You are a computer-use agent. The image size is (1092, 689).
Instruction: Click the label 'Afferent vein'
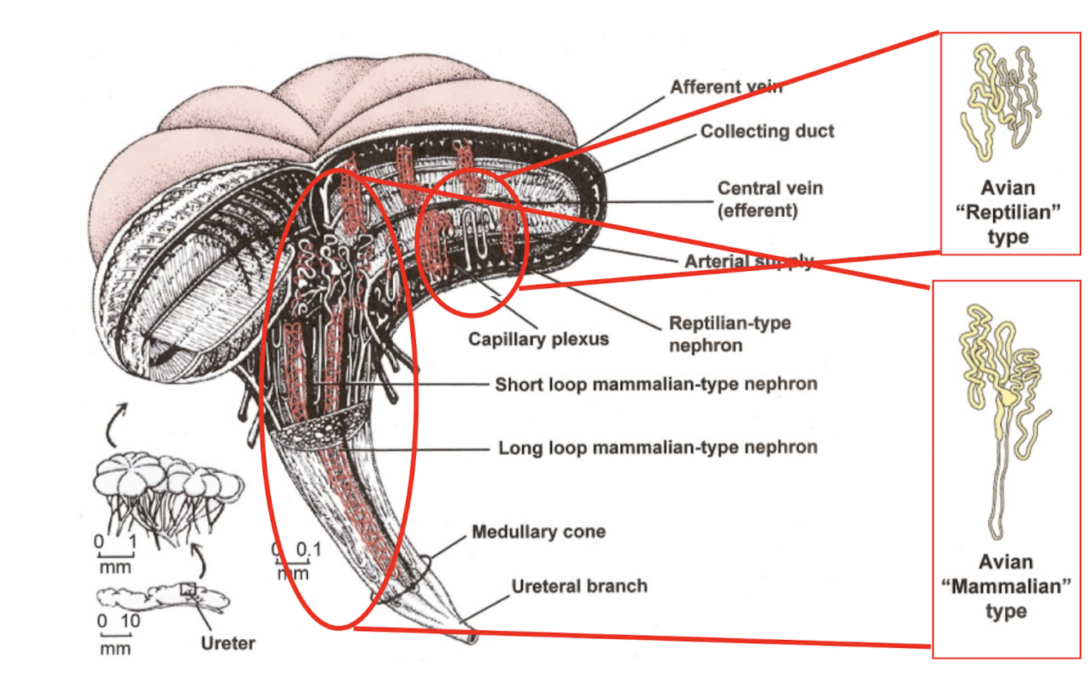(726, 86)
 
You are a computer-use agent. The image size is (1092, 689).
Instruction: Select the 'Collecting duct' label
(767, 131)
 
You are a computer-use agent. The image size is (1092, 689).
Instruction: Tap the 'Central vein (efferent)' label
(769, 199)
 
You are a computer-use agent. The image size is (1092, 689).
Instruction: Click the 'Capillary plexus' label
(538, 338)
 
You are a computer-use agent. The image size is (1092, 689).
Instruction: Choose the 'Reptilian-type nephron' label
(729, 333)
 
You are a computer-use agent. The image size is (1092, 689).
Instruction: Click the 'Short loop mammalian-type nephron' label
(656, 383)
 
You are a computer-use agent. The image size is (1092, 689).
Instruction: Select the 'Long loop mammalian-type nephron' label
(657, 448)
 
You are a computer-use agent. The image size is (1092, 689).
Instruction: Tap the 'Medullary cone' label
(539, 532)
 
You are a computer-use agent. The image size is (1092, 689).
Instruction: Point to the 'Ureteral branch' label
(579, 586)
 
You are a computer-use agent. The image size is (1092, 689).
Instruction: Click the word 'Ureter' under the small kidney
(228, 643)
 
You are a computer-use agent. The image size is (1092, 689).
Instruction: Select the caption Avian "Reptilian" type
(1007, 214)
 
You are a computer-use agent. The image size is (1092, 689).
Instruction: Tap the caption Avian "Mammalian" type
(1006, 587)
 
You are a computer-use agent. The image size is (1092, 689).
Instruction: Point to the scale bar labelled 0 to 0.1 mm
(292, 561)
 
